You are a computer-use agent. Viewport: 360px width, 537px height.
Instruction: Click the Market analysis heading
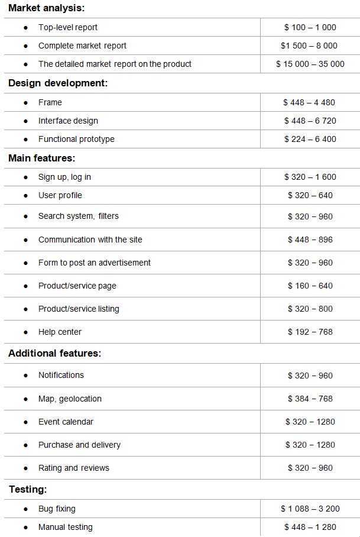(46, 8)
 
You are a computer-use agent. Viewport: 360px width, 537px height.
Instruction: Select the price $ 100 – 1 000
(310, 27)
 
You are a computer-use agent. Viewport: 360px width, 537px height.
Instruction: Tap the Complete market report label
(82, 46)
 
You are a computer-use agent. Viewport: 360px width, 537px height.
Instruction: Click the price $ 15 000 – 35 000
(310, 64)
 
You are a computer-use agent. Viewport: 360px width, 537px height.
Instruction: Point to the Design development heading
(58, 83)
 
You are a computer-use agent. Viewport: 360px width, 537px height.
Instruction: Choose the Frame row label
(50, 102)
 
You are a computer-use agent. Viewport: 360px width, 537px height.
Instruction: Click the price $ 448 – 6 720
(310, 121)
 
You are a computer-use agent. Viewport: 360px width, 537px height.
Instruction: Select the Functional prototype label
(76, 139)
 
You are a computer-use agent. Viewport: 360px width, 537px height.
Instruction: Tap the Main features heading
(41, 158)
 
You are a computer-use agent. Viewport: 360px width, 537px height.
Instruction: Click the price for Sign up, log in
(310, 177)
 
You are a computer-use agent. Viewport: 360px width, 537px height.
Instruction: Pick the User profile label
(60, 195)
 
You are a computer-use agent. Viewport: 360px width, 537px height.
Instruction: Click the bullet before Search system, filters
(25, 216)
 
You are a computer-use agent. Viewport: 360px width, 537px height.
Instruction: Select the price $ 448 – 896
(310, 240)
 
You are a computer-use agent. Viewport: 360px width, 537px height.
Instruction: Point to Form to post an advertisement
(94, 263)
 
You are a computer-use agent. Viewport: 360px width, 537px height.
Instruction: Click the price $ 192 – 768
(310, 332)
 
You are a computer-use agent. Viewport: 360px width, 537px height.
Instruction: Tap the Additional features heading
(54, 353)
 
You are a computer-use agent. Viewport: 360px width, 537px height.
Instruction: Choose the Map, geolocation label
(70, 399)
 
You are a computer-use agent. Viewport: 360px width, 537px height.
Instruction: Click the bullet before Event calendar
(25, 422)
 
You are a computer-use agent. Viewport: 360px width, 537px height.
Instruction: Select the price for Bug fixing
(310, 509)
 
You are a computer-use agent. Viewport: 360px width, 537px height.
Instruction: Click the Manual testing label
(65, 527)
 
